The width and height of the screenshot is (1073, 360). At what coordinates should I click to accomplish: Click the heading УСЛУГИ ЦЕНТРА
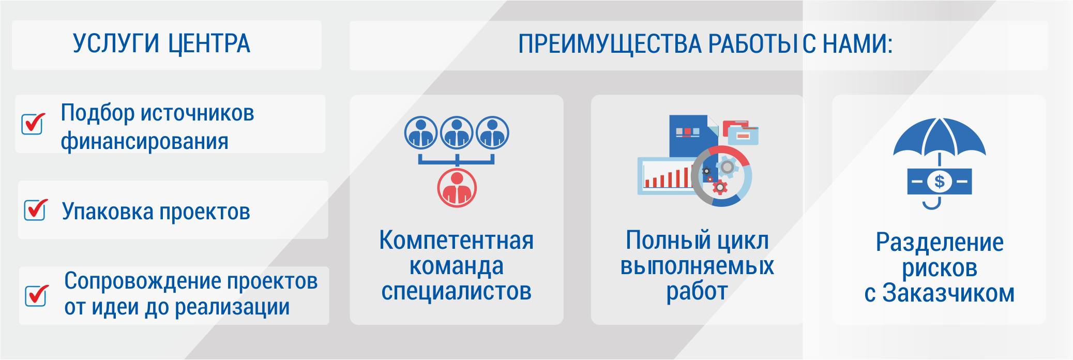click(161, 44)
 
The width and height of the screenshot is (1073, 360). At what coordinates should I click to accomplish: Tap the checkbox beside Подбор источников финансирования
click(33, 123)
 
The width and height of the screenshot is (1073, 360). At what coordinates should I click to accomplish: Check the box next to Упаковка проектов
click(36, 209)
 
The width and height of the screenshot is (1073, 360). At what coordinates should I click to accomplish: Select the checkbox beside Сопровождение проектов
click(37, 295)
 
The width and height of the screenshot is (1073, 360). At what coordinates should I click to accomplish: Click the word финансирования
click(145, 141)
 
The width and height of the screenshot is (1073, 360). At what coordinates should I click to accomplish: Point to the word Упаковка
click(108, 212)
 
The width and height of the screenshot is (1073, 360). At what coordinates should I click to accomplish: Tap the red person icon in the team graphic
click(457, 188)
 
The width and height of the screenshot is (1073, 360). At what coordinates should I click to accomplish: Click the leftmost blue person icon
click(421, 133)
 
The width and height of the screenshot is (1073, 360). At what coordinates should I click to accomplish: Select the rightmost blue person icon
click(492, 133)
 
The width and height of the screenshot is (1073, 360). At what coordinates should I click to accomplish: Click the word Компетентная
click(457, 241)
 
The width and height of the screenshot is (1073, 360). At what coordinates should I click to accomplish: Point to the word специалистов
click(457, 292)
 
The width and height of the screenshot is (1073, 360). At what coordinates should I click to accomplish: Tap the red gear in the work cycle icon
click(719, 187)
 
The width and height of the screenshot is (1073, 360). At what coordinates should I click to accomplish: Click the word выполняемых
click(697, 266)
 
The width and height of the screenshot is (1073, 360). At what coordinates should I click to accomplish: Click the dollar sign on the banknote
click(940, 182)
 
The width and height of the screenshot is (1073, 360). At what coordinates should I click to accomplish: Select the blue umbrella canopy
click(939, 137)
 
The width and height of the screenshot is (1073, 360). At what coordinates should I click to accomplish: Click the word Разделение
click(940, 242)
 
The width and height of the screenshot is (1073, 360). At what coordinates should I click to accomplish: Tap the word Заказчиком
click(948, 293)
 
